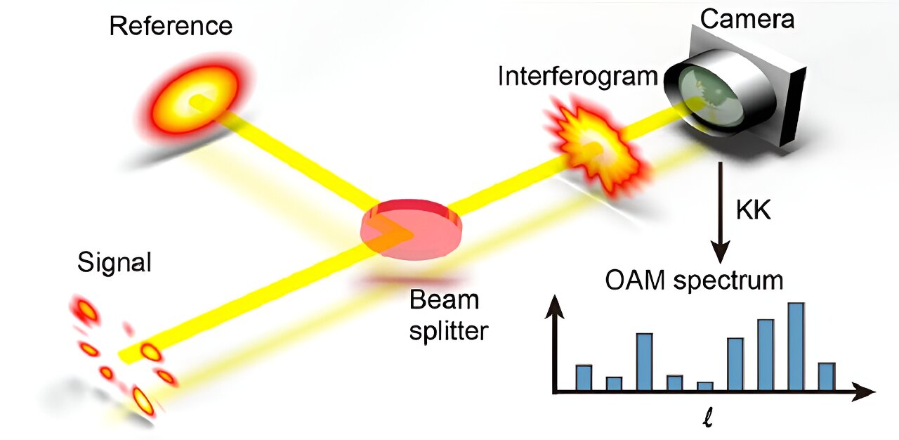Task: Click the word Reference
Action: click(171, 27)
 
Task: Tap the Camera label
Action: click(747, 19)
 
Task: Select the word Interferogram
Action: click(577, 77)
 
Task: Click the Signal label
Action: click(114, 263)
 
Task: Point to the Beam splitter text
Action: click(447, 314)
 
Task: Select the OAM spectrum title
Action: click(693, 281)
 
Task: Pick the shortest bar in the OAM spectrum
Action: click(705, 386)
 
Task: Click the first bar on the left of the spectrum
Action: click(584, 377)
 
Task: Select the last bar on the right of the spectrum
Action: click(826, 376)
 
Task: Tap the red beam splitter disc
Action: click(412, 228)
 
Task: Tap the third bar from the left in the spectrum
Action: click(645, 362)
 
